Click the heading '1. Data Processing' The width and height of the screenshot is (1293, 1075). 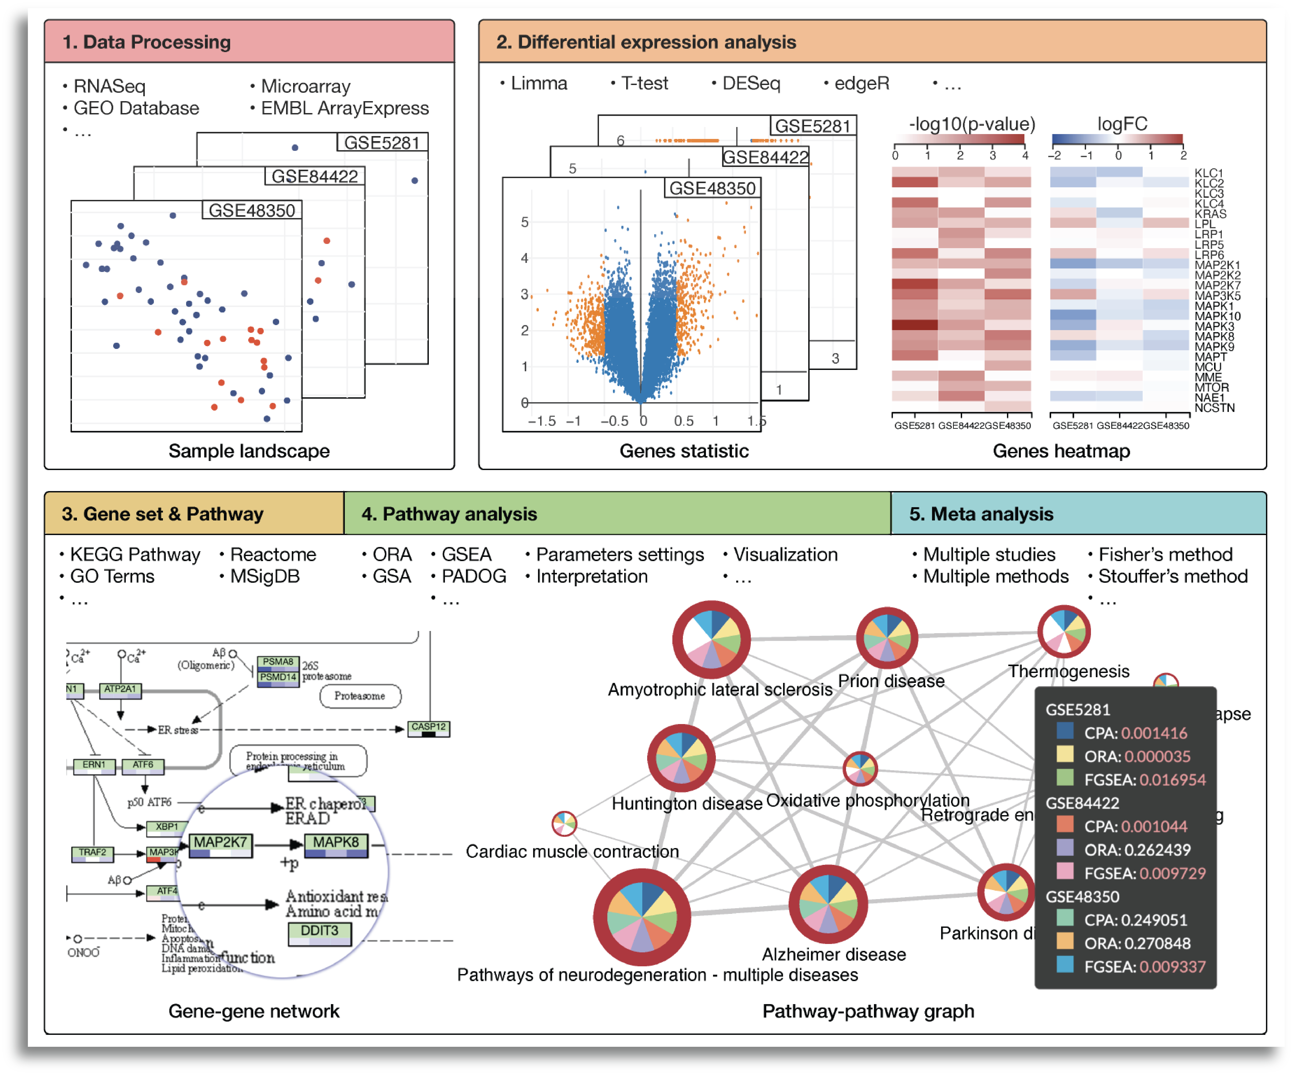point(146,42)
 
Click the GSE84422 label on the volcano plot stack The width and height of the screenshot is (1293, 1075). point(765,158)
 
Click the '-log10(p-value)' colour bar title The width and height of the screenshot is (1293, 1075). point(972,124)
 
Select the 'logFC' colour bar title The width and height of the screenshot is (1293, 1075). point(1122,124)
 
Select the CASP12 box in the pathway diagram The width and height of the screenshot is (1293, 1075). point(428,728)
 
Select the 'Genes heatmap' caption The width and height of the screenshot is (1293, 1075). point(1061,451)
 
